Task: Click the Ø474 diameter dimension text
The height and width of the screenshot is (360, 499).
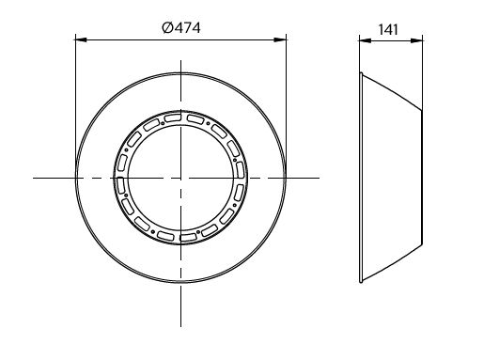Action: click(x=181, y=27)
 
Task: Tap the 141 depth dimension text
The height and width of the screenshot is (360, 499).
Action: click(x=388, y=30)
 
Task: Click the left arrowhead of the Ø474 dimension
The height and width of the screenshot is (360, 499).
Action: click(x=81, y=39)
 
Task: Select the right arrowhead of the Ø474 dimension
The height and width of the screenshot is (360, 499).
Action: click(x=280, y=39)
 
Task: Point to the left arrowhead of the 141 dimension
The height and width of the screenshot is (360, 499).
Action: click(x=365, y=40)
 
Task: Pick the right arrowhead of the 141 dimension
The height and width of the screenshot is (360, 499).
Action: click(x=416, y=40)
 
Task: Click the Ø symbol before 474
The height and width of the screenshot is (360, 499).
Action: click(x=166, y=27)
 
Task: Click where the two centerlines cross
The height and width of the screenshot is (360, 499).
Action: click(x=180, y=178)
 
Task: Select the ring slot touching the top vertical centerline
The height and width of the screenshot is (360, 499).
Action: click(x=173, y=118)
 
